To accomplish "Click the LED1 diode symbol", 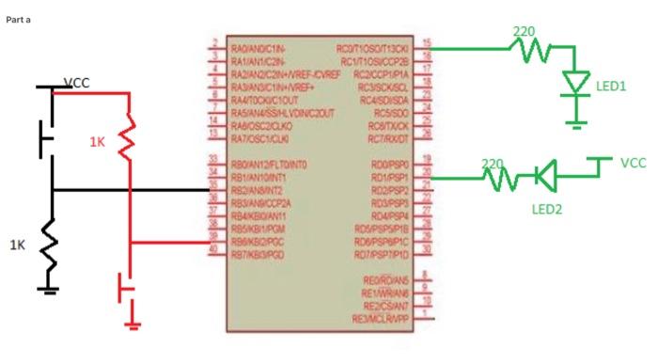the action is click(576, 84).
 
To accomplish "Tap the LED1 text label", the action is click(611, 85).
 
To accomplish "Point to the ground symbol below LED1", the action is click(576, 119).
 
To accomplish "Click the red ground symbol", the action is click(133, 324).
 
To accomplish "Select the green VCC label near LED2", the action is click(634, 163).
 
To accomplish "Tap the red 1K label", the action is click(98, 142).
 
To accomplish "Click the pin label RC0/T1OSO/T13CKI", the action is click(374, 47).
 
